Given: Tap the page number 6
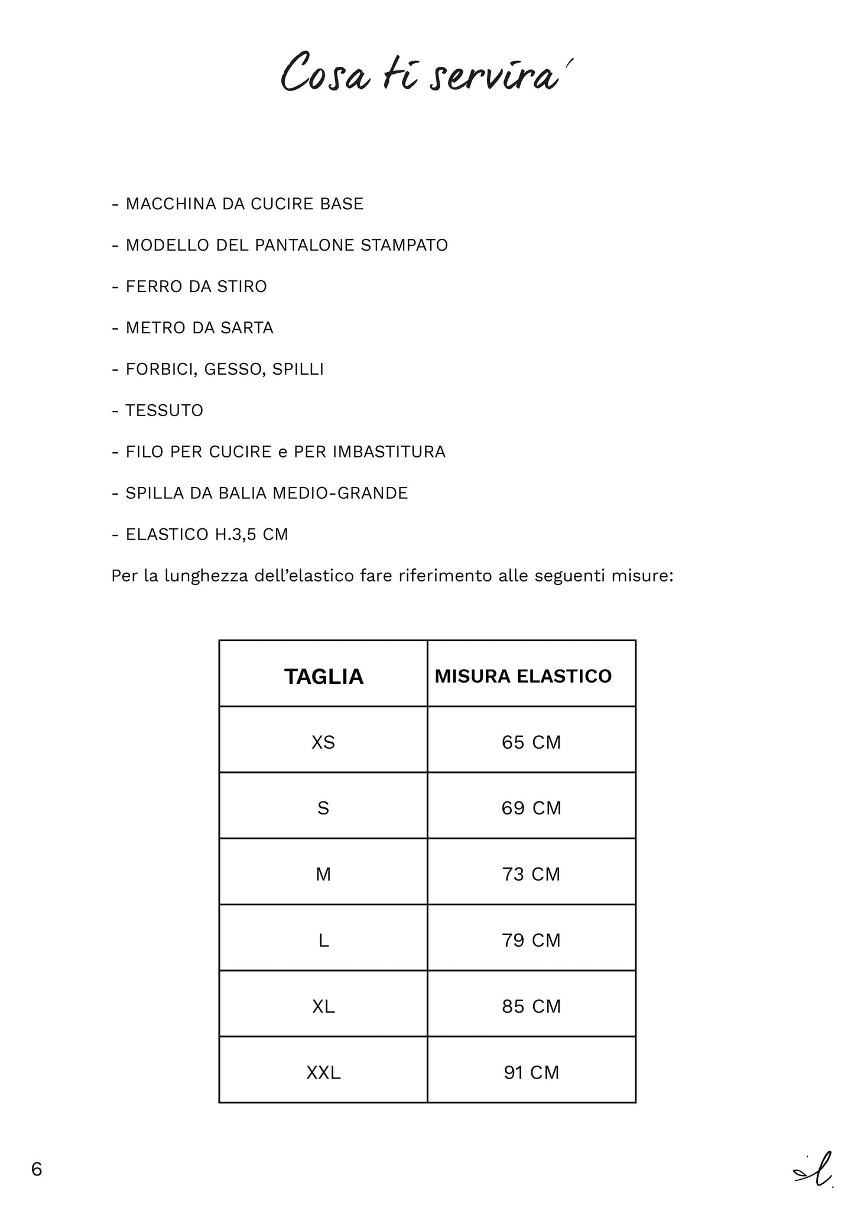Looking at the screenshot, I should pyautogui.click(x=37, y=1169).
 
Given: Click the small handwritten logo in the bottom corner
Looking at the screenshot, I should pyautogui.click(x=814, y=1168).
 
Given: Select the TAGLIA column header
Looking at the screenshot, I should pyautogui.click(x=323, y=676).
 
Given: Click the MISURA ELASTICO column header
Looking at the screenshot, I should pyautogui.click(x=523, y=676).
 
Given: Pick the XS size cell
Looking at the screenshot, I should pyautogui.click(x=323, y=742).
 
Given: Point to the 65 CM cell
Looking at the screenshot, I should pyautogui.click(x=531, y=742).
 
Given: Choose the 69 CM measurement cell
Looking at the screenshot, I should pyautogui.click(x=531, y=808).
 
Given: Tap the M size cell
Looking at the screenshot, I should pyautogui.click(x=323, y=874).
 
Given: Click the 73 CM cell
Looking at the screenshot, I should pyautogui.click(x=531, y=874).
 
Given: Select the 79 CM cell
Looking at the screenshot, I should pyautogui.click(x=531, y=940).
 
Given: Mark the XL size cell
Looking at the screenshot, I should pyautogui.click(x=323, y=1006).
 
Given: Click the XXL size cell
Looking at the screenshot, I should pyautogui.click(x=323, y=1072).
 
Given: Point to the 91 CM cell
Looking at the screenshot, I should pyautogui.click(x=531, y=1072).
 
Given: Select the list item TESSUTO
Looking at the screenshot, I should pyautogui.click(x=164, y=411).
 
